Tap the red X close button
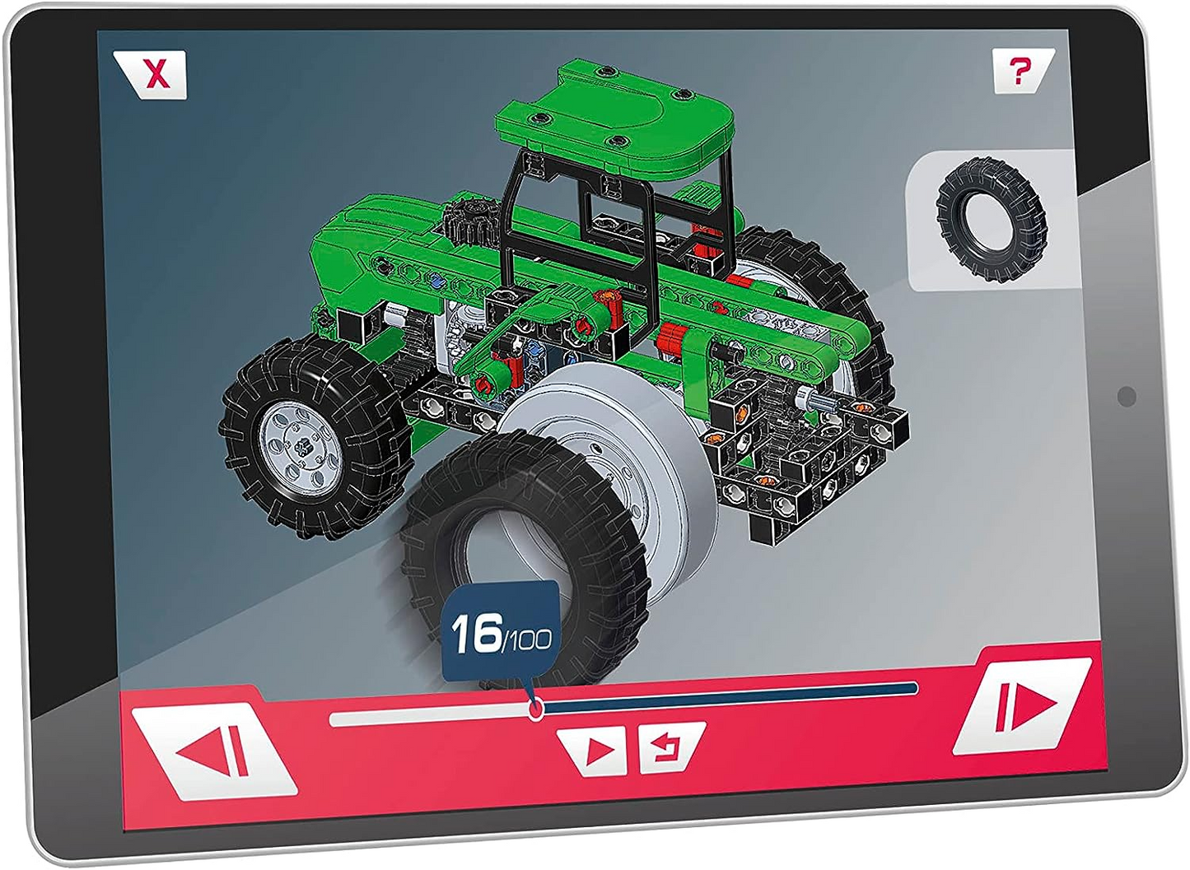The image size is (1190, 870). (151, 74)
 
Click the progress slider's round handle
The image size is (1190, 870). (536, 708)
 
